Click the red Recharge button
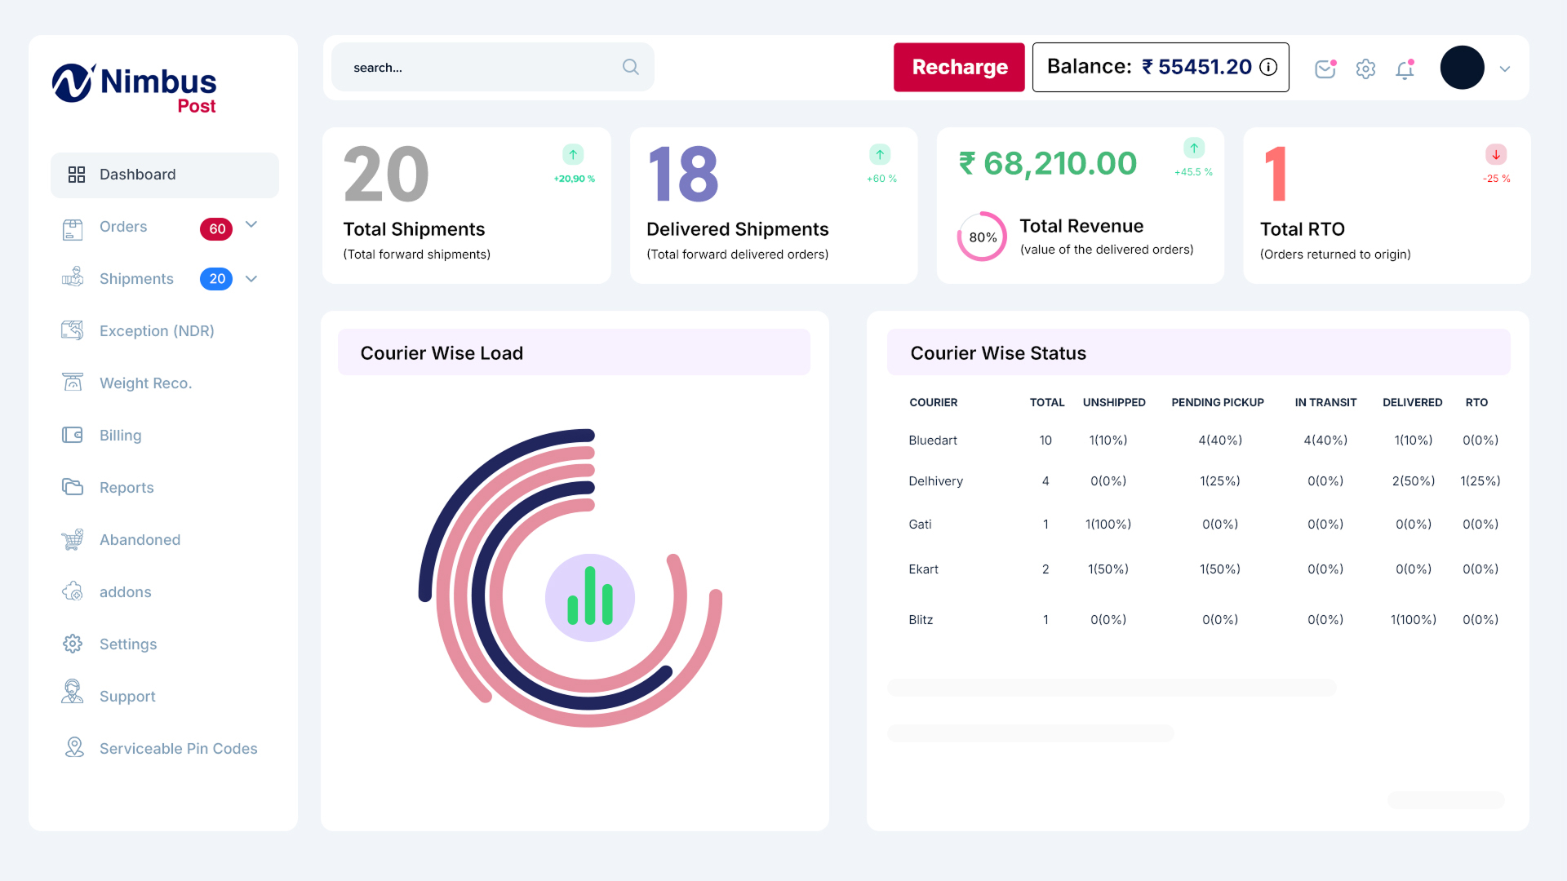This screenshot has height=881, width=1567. click(959, 67)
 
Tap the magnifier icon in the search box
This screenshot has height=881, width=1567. click(630, 67)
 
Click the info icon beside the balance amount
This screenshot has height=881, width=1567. click(1268, 67)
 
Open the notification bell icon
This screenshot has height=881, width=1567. click(1405, 70)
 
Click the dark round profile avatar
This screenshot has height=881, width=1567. click(1462, 68)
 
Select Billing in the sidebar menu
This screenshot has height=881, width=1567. click(120, 436)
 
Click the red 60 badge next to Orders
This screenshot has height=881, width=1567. click(216, 229)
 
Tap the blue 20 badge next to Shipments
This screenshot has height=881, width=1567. click(216, 279)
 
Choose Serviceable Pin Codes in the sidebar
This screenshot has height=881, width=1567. click(178, 749)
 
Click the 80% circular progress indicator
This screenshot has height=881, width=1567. click(982, 237)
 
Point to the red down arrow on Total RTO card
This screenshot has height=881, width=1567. click(1496, 154)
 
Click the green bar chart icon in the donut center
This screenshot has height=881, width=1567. click(590, 598)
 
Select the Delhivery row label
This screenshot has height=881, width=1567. click(935, 481)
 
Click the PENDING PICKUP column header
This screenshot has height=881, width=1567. click(1217, 403)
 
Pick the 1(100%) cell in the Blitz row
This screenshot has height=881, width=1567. click(1413, 620)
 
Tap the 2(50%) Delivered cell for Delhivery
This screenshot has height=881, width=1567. click(1413, 481)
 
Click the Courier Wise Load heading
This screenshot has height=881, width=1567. click(442, 353)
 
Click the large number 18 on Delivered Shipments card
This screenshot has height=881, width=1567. click(683, 175)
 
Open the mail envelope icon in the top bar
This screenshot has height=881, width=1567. click(1325, 69)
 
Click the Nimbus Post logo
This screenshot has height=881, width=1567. click(135, 88)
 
